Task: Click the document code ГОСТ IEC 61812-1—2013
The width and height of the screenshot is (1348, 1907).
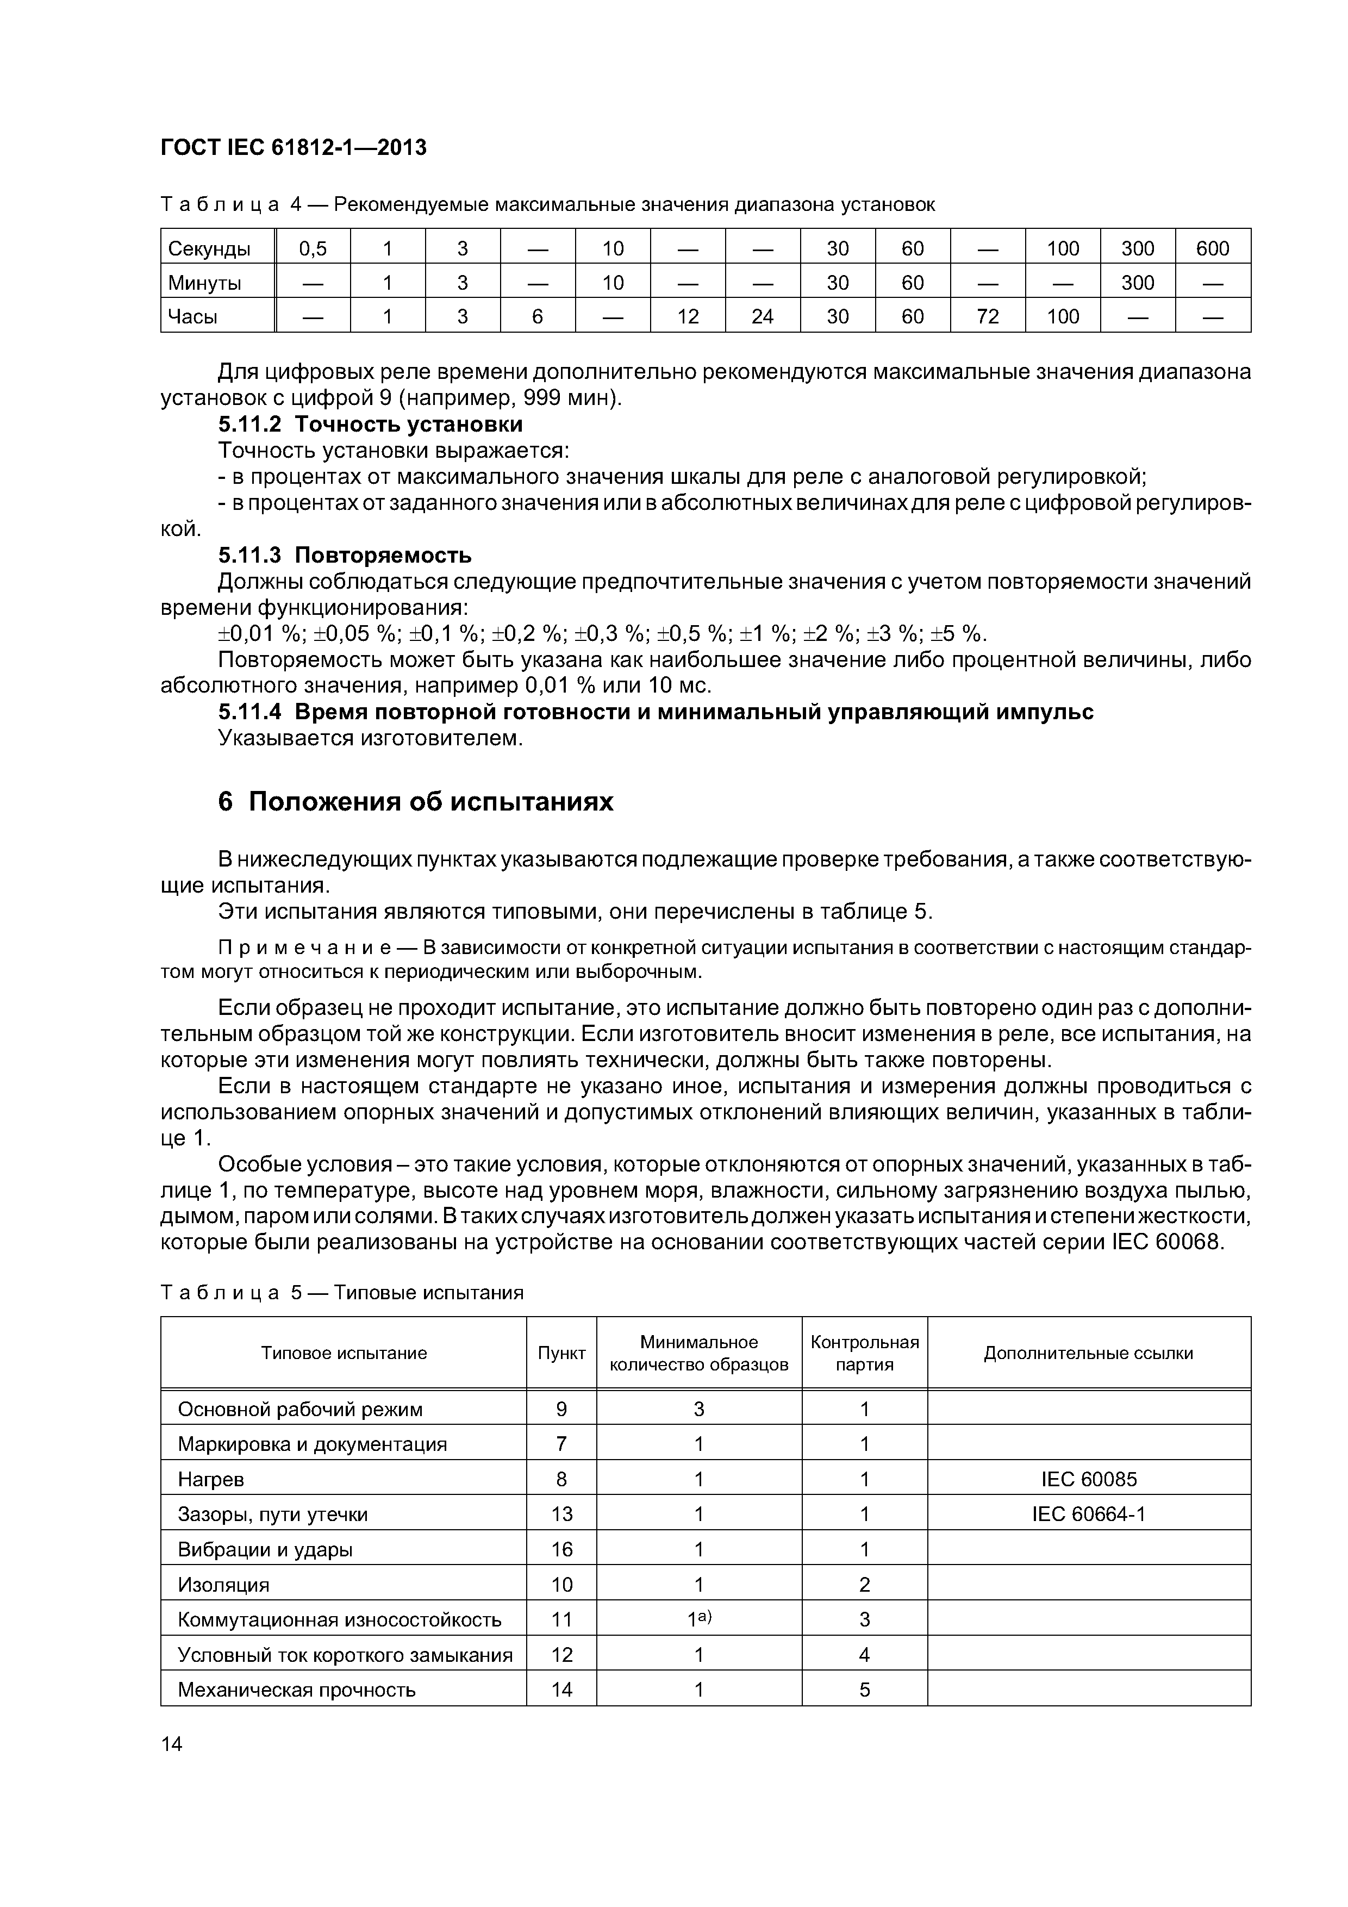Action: (x=293, y=148)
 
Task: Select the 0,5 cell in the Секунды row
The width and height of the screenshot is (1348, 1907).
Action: (x=313, y=248)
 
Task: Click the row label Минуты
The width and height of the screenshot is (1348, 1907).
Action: (x=204, y=283)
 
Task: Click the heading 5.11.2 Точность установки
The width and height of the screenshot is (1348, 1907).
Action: (x=371, y=425)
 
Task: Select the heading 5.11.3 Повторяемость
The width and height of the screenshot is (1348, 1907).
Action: (x=345, y=555)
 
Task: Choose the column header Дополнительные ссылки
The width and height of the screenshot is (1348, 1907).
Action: (x=1088, y=1354)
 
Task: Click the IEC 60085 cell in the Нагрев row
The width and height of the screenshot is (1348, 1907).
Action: (x=1088, y=1479)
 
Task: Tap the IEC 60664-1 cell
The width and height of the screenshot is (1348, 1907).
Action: (x=1088, y=1514)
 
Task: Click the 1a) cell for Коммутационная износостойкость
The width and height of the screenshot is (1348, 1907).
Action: (x=698, y=1619)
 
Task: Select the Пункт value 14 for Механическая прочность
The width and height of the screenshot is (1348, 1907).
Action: (x=561, y=1690)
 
